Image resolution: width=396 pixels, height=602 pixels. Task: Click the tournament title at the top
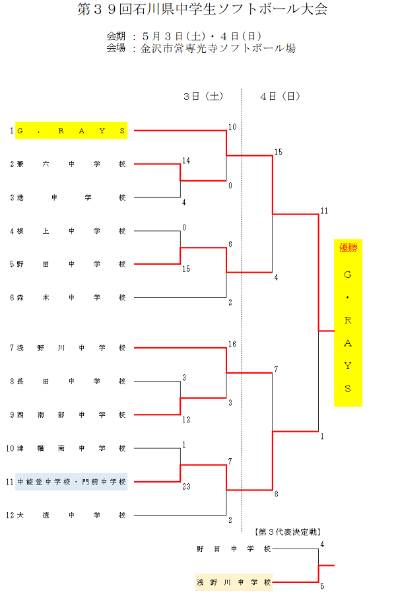tap(202, 10)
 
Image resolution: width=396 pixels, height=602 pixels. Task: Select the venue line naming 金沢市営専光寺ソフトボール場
tap(218, 48)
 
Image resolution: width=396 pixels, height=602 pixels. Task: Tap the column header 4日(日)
tap(280, 96)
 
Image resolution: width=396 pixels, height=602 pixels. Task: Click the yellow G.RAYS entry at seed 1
tap(71, 131)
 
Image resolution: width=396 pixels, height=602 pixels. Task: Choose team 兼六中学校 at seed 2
tap(71, 164)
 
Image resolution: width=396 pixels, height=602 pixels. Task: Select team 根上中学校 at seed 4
tap(71, 231)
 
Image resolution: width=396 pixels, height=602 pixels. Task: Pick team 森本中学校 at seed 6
tap(71, 298)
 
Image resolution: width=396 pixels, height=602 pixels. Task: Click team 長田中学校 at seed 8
tap(71, 381)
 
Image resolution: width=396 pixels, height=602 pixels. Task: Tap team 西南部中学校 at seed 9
tap(71, 415)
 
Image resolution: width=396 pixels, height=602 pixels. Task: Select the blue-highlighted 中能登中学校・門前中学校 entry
tap(71, 482)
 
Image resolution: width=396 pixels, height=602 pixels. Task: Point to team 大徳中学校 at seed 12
tap(71, 515)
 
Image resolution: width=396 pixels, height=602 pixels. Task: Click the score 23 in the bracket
tap(187, 486)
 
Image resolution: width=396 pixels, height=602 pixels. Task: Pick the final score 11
tap(324, 211)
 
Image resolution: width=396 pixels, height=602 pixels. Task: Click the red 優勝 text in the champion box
tap(348, 248)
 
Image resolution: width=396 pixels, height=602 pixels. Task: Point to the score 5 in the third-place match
tap(322, 585)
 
